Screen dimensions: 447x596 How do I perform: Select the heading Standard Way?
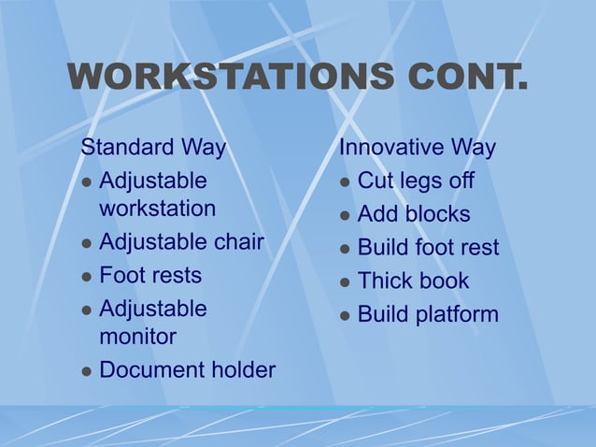click(x=153, y=148)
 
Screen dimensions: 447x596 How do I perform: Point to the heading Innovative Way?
click(x=418, y=148)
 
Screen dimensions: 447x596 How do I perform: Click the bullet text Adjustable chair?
click(x=181, y=243)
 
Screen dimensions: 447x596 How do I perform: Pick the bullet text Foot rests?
click(x=149, y=276)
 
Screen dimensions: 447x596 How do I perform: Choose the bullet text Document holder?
click(x=187, y=370)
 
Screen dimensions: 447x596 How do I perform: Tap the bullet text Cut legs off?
click(x=416, y=180)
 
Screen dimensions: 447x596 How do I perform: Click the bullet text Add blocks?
click(x=414, y=214)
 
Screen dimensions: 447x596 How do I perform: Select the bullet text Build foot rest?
click(x=428, y=248)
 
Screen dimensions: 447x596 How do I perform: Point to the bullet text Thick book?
click(x=413, y=281)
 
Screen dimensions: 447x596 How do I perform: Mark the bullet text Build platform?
click(x=428, y=314)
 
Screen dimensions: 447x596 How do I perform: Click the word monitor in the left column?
click(x=137, y=336)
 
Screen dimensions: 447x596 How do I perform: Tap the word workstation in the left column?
click(x=157, y=208)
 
